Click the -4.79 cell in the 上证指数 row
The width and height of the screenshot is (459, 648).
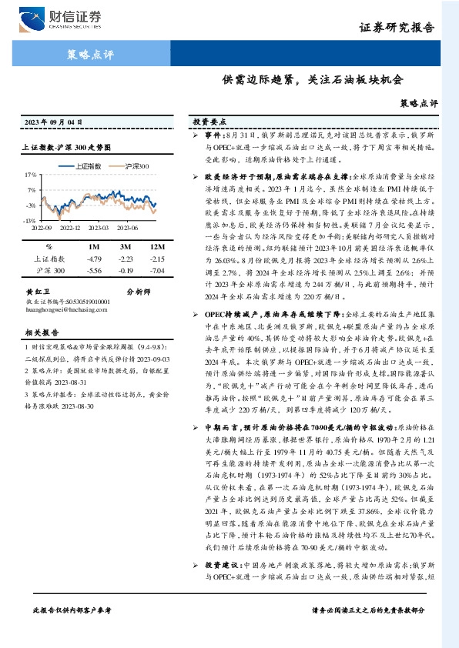pos(96,259)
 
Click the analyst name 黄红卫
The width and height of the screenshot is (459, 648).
pos(38,292)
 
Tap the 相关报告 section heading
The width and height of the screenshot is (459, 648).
pos(39,332)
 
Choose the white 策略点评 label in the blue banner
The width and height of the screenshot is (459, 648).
pos(85,55)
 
